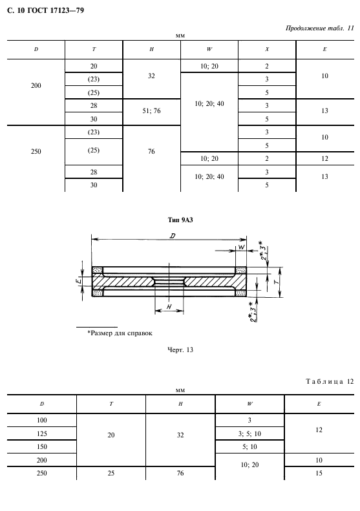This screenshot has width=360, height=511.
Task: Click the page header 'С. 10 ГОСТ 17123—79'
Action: [x=45, y=10]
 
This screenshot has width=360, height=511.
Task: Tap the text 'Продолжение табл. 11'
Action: [x=319, y=28]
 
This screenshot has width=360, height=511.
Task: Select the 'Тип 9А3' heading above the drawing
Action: [x=180, y=220]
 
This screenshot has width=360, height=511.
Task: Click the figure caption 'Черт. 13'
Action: [x=180, y=349]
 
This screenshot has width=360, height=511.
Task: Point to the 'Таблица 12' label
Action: [x=330, y=381]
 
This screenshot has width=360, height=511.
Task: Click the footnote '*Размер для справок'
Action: [x=120, y=333]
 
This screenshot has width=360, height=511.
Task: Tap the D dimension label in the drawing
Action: [x=173, y=235]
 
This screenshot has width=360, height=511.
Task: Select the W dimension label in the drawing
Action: [x=241, y=247]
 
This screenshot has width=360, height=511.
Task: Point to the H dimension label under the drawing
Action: [x=169, y=307]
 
